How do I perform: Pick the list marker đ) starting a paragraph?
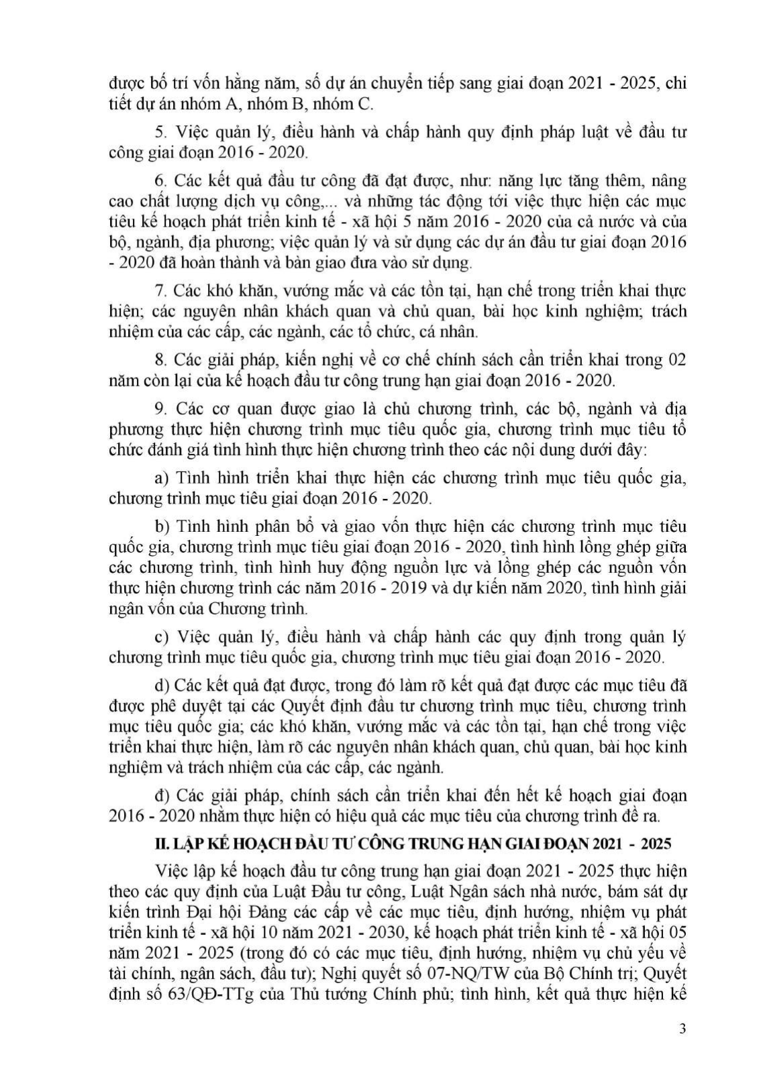click(x=161, y=796)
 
